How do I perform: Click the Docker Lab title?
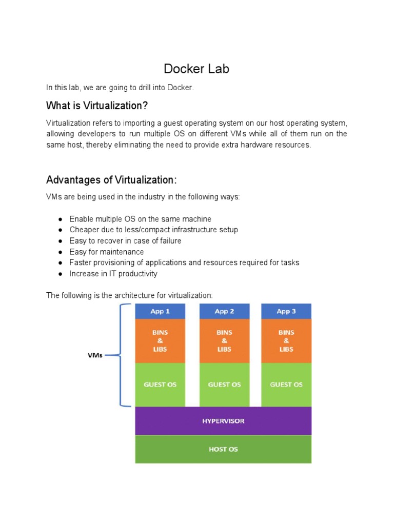196,69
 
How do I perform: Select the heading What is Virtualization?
97,106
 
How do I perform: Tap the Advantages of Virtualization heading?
111,180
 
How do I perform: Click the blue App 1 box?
160,311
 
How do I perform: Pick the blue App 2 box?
224,311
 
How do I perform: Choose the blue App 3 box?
286,311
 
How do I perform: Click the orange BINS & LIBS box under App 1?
160,341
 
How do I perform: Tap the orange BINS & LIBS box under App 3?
286,341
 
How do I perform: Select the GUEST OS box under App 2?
224,385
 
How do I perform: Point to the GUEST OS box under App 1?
160,385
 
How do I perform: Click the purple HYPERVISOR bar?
223,421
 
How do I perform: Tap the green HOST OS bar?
223,449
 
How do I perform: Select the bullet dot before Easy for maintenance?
60,252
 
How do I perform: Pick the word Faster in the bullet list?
81,262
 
